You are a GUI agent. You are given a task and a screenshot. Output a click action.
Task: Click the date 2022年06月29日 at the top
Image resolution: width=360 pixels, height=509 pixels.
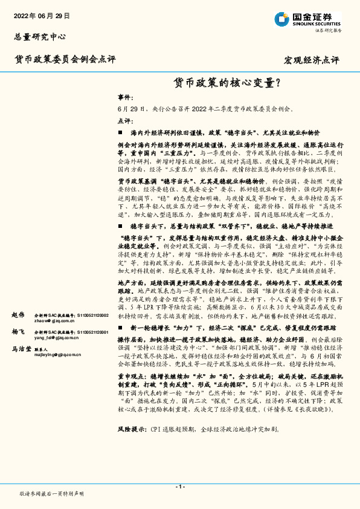[42, 16]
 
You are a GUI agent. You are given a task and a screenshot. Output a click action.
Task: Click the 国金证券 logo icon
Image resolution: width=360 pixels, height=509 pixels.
[282, 19]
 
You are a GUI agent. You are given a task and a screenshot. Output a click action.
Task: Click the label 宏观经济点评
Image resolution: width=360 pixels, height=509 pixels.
[311, 60]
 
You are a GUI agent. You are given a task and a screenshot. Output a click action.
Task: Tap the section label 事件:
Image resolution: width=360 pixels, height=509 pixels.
[124, 97]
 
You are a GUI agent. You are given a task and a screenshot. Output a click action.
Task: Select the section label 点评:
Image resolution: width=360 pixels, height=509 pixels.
[124, 120]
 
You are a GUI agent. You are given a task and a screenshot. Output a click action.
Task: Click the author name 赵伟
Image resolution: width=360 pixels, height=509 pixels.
[18, 315]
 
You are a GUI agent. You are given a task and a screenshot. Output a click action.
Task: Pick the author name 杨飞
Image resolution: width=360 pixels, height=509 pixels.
[18, 332]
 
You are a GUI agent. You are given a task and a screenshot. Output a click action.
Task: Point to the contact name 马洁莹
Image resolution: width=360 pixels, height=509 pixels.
[22, 349]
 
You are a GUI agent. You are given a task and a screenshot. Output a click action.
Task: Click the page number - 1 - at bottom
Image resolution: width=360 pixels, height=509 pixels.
[180, 487]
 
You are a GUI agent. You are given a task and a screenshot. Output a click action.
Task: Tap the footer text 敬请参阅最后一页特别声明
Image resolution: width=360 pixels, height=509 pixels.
[51, 494]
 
